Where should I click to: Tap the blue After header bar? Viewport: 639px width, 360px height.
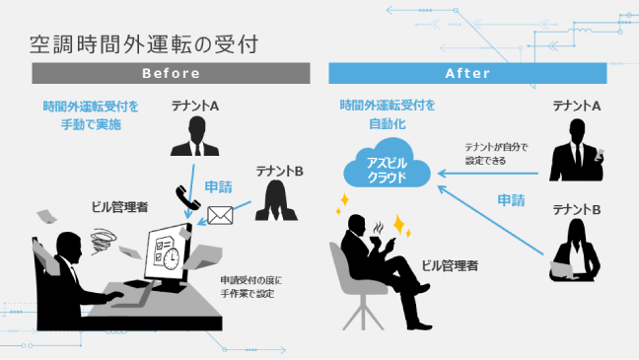click(467, 73)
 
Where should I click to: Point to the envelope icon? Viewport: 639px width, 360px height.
click(220, 213)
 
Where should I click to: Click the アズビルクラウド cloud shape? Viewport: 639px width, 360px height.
click(387, 169)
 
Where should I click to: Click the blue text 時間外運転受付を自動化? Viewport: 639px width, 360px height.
click(387, 114)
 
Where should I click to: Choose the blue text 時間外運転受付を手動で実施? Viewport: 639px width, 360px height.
click(91, 115)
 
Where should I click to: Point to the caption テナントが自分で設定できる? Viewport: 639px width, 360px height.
click(496, 153)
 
